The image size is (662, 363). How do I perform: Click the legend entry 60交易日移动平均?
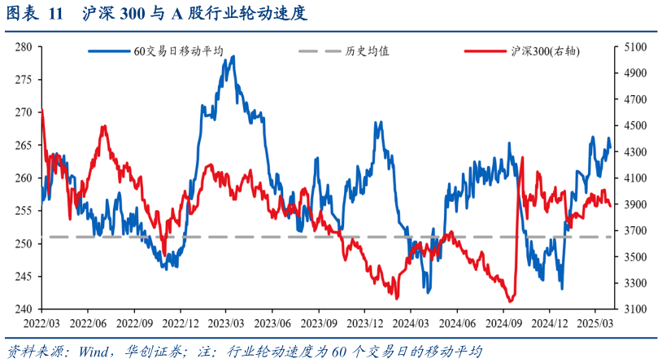(178, 50)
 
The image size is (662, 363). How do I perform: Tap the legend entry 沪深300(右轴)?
(542, 50)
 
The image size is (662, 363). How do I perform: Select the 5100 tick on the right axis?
(634, 47)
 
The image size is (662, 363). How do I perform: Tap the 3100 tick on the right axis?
(634, 309)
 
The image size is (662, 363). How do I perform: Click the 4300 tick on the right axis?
(634, 152)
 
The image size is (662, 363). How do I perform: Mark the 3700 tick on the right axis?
(634, 230)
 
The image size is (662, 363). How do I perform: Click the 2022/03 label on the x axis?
(41, 322)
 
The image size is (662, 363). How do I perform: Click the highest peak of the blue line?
(233, 56)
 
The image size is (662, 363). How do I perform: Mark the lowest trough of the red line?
(510, 301)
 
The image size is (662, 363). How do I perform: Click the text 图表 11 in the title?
(33, 14)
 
